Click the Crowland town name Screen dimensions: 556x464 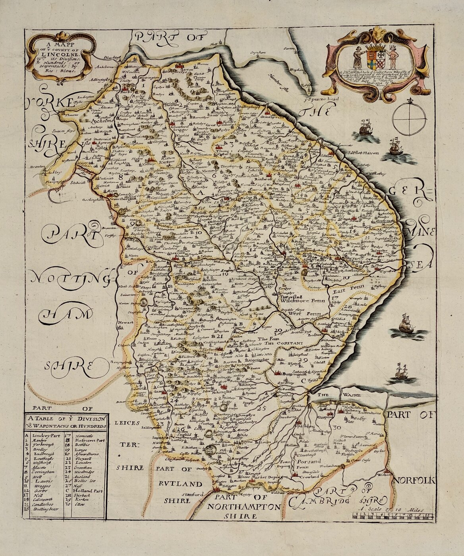[x=309, y=476]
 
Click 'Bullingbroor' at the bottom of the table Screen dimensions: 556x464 [x=44, y=508]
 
